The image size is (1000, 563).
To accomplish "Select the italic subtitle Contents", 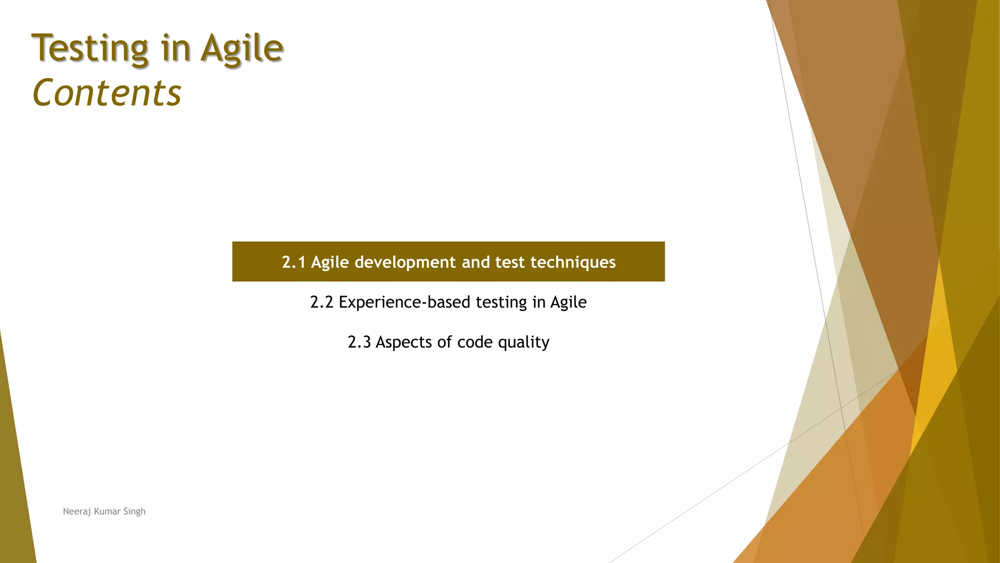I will click(x=106, y=93).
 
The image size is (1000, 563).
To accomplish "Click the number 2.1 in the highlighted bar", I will click(x=293, y=262).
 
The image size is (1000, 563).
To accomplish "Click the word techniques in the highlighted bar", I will click(x=573, y=262).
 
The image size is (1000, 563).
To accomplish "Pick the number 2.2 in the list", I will click(x=321, y=303).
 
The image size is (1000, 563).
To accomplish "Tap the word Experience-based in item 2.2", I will click(x=405, y=303).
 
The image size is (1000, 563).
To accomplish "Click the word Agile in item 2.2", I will click(x=568, y=303).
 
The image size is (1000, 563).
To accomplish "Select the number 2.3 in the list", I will click(x=359, y=342).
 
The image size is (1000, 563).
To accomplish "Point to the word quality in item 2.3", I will click(x=523, y=342).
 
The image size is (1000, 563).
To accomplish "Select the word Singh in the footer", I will click(x=134, y=512).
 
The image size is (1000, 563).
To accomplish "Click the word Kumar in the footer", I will click(x=106, y=512).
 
